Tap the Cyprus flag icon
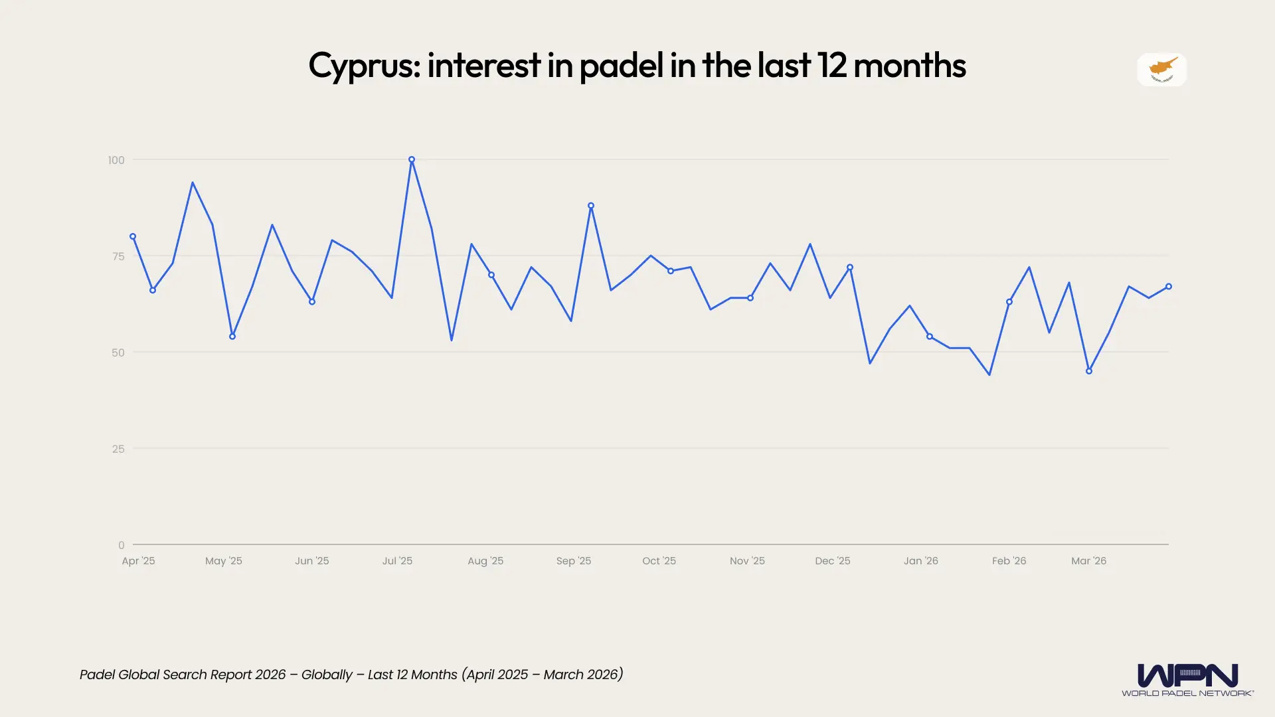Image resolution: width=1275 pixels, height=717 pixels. click(1161, 70)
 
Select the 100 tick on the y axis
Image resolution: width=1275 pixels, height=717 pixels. click(116, 160)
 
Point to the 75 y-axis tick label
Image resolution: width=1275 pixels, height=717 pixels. click(118, 256)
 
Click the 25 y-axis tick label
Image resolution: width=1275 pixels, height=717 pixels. click(118, 449)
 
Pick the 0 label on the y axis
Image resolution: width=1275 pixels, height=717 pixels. click(122, 545)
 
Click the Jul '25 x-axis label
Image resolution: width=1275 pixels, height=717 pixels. click(397, 561)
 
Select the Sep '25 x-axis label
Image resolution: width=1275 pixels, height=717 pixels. click(574, 561)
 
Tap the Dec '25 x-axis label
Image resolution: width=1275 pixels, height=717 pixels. click(833, 561)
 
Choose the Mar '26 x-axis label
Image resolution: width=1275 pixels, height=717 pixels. click(1088, 561)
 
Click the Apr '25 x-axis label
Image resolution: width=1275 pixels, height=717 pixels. click(138, 561)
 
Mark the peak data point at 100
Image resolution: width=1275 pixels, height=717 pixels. click(412, 160)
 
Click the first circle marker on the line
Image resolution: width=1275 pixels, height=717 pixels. click(133, 236)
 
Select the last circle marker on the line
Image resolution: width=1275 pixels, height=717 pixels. click(1169, 287)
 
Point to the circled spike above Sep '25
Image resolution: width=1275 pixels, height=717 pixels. click(591, 206)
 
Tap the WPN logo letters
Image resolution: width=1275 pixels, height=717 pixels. click(1187, 675)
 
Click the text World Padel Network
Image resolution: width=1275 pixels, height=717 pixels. click(1187, 693)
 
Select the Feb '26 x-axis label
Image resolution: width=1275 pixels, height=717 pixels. click(1009, 561)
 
